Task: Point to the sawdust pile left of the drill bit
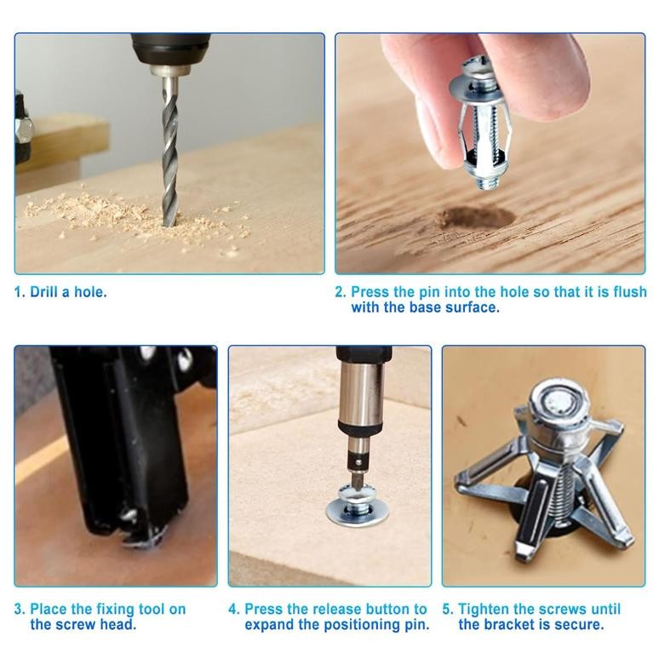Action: pos(94,212)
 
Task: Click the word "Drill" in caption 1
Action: pos(46,292)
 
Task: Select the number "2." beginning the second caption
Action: pos(341,292)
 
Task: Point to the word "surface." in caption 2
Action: pos(471,307)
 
